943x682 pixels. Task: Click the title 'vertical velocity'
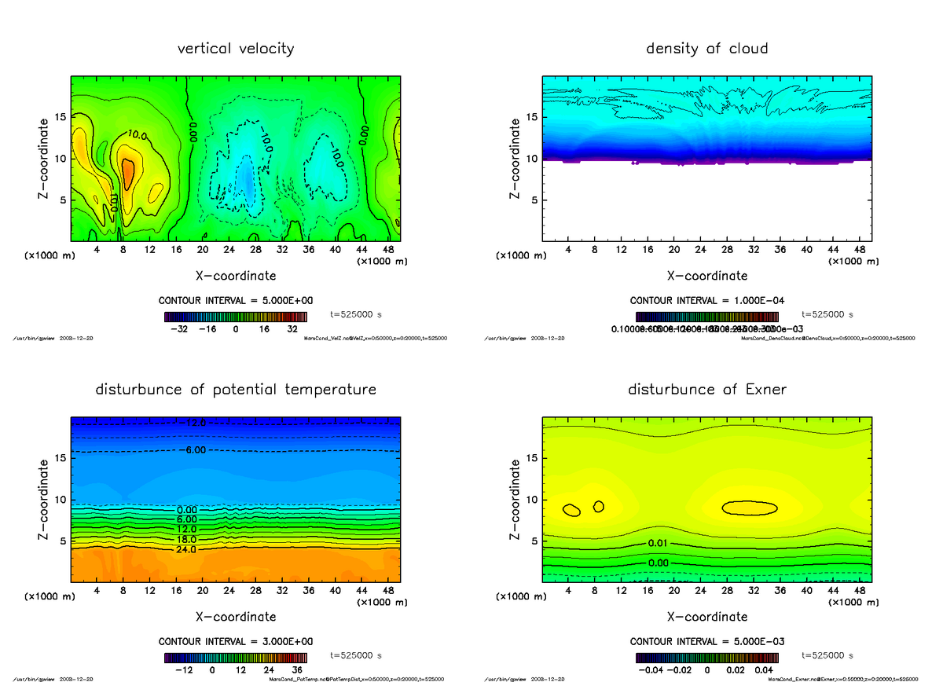(x=236, y=49)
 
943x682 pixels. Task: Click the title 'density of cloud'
(x=706, y=49)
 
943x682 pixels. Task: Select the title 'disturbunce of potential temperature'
(x=236, y=390)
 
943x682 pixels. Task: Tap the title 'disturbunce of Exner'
(x=707, y=390)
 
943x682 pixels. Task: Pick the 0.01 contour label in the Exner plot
(x=659, y=544)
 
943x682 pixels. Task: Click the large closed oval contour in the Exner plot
(x=750, y=508)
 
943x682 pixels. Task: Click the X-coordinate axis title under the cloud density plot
(x=707, y=276)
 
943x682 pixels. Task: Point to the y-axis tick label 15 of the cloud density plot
(x=531, y=118)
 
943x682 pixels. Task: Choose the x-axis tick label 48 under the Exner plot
(x=860, y=591)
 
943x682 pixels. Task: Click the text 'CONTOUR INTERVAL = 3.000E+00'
(x=236, y=641)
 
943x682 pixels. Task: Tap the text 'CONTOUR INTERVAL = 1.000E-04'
(x=707, y=301)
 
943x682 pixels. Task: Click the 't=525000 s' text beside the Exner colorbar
(x=829, y=655)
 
